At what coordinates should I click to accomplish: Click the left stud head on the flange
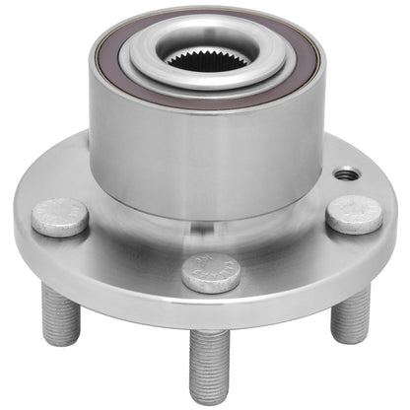(x=60, y=217)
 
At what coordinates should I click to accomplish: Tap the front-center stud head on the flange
(x=212, y=273)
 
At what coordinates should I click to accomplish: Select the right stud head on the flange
(x=355, y=214)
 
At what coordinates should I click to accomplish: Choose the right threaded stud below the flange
(x=350, y=314)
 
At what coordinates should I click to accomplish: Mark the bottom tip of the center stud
(x=210, y=400)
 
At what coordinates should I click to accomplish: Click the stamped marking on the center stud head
(x=213, y=268)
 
